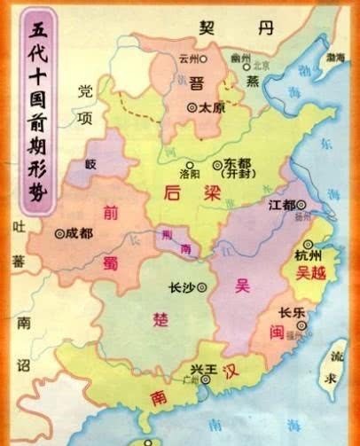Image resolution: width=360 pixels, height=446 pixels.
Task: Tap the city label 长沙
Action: click(x=180, y=288)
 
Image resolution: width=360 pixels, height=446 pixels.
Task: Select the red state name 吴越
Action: click(x=313, y=275)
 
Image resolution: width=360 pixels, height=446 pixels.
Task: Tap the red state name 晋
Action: click(x=197, y=82)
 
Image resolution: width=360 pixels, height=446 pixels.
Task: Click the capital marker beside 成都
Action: click(x=59, y=235)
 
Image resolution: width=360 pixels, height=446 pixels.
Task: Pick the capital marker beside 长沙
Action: click(x=202, y=288)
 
